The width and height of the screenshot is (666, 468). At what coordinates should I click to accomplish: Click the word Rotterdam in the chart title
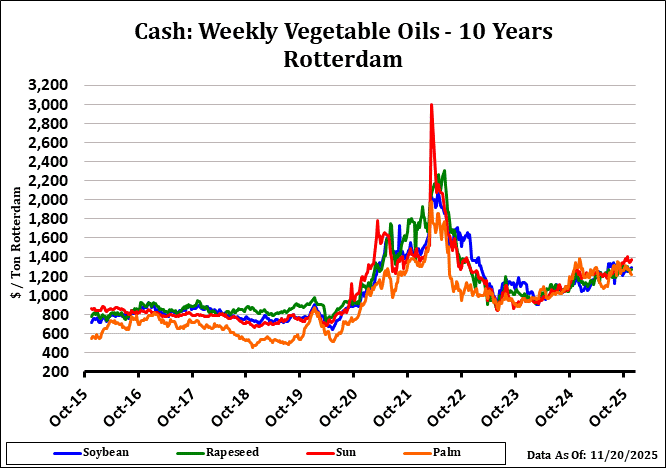pyautogui.click(x=342, y=59)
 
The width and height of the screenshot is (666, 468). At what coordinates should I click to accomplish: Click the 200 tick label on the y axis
pyautogui.click(x=55, y=372)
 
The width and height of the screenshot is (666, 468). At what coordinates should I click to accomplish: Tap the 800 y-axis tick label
pyautogui.click(x=55, y=315)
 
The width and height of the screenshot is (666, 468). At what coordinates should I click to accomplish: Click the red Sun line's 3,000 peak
pyautogui.click(x=431, y=105)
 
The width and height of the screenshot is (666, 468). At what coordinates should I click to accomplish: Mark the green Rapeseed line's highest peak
pyautogui.click(x=444, y=172)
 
